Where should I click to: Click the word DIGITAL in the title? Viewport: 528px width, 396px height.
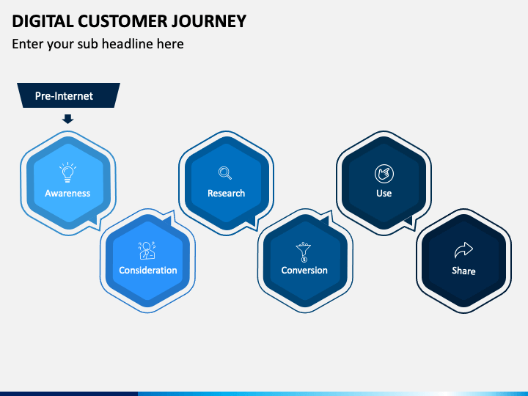point(43,21)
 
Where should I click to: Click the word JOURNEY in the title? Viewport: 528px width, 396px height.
point(209,21)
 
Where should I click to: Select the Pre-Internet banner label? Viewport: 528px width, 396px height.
point(64,96)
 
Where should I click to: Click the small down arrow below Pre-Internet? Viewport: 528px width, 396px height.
point(67,119)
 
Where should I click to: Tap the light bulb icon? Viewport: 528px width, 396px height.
point(67,172)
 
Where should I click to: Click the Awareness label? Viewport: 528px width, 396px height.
point(67,194)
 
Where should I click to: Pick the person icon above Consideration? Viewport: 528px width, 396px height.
point(147,251)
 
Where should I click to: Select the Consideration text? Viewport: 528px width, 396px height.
point(148,271)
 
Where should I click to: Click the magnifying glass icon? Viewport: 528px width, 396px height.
point(225,173)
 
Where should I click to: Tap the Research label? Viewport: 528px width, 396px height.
point(227,194)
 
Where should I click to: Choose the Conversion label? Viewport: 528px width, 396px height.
point(304,271)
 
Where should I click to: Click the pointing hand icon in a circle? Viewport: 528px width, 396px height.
point(384,174)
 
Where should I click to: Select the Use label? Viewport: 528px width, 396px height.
point(384,194)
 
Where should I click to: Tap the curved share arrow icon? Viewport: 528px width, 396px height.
point(463,250)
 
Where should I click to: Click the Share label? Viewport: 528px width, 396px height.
point(463,271)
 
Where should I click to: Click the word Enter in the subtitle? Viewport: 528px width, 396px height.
point(28,44)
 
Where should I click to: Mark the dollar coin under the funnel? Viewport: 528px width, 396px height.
point(304,260)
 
